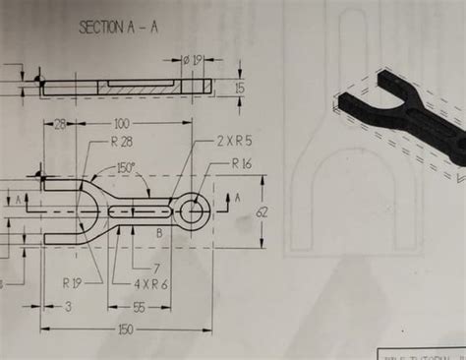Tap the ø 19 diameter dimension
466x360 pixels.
click(194, 61)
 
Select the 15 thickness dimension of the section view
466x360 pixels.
click(240, 88)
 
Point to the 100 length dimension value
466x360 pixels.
click(122, 124)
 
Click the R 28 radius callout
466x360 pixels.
click(123, 142)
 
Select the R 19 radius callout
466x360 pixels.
click(73, 282)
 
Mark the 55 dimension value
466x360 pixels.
click(139, 307)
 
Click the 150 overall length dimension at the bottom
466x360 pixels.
click(125, 330)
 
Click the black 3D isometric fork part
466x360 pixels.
click(403, 108)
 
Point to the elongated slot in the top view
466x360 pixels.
click(138, 210)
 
